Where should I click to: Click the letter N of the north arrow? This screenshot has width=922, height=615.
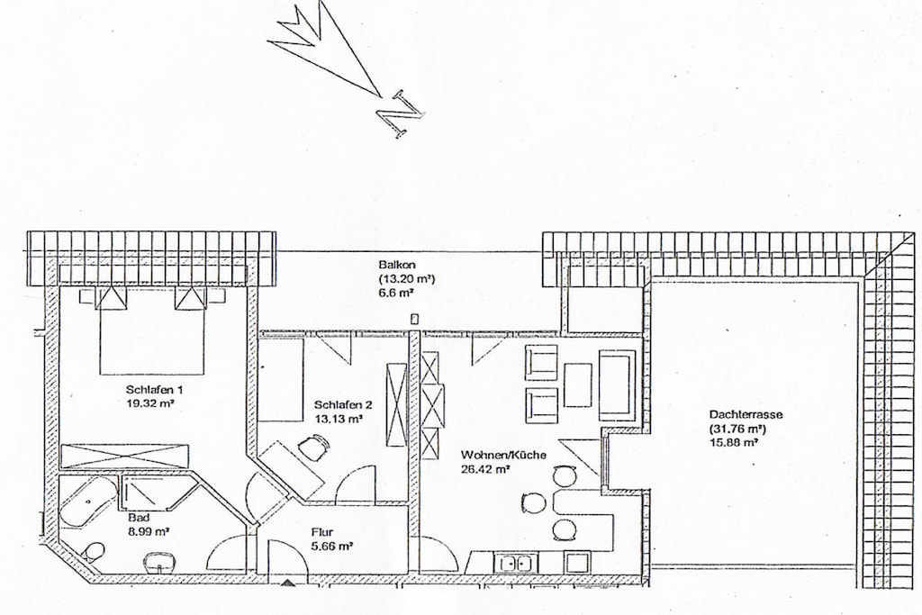pos(400,114)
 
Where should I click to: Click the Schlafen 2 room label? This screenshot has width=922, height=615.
pos(343,405)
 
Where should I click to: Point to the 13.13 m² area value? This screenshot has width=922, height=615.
pos(338,419)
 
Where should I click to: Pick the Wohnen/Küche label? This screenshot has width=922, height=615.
pos(503,455)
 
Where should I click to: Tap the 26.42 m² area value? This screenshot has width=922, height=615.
pos(485,469)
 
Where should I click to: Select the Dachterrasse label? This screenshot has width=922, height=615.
pos(746,414)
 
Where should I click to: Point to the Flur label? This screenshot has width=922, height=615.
pos(321,533)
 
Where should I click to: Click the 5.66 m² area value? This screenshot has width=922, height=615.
pos(331,547)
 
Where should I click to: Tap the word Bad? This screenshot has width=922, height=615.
pos(139,518)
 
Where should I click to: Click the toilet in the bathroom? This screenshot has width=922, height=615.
pos(94,552)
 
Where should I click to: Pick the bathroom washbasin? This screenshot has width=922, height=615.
pos(159,562)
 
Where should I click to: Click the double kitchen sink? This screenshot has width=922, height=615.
pos(516,564)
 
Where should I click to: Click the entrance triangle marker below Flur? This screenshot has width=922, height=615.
pos(288,583)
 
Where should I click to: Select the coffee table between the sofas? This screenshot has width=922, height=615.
pos(578,385)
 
